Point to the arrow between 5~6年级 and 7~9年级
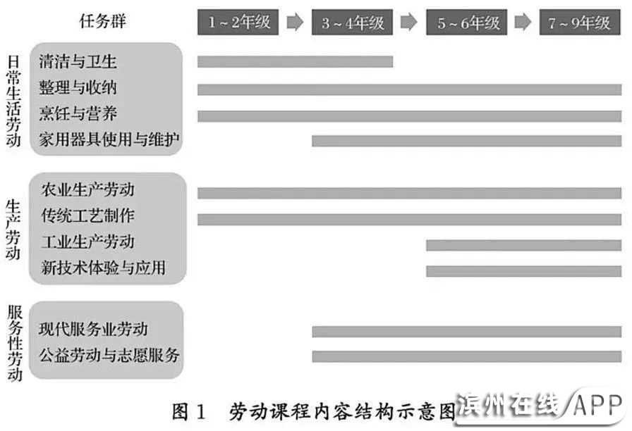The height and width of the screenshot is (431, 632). click(523, 23)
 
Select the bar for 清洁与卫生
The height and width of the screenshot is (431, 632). click(295, 61)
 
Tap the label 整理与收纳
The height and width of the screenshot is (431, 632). click(78, 88)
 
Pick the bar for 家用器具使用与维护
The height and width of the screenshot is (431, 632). click(466, 141)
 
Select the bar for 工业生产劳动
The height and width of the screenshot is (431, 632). click(523, 245)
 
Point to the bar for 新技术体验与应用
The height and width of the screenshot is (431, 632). click(523, 271)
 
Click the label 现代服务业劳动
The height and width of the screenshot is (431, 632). click(94, 329)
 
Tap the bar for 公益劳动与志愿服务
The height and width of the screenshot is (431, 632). click(466, 356)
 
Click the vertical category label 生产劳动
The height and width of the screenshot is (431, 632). click(13, 230)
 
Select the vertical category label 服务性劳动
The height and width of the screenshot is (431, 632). click(13, 342)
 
